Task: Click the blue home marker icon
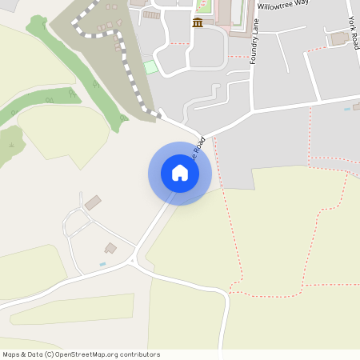point(180,173)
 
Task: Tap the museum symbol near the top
point(197,22)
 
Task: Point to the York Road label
point(353,32)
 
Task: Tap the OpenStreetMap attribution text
point(81,354)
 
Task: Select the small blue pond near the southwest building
point(102,264)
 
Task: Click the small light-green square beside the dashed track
point(150,67)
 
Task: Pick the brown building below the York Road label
point(340,38)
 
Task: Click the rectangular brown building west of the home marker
point(93,202)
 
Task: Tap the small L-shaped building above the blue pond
point(110,248)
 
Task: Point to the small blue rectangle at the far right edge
point(346,108)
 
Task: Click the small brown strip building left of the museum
point(151,14)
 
